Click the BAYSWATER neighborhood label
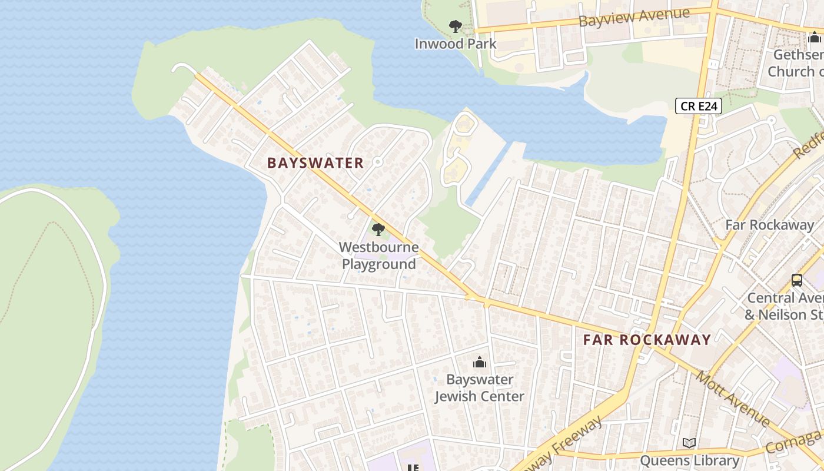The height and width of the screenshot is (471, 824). (x=315, y=163)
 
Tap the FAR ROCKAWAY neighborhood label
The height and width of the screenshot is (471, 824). (x=647, y=340)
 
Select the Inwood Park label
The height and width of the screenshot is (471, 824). (x=455, y=44)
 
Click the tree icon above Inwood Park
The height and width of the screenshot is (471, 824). (x=455, y=26)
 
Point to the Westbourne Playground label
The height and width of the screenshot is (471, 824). (x=378, y=256)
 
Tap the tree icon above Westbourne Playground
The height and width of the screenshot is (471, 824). (x=378, y=230)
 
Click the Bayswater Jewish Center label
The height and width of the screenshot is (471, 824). (x=479, y=388)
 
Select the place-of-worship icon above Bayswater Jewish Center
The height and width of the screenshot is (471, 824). (x=480, y=362)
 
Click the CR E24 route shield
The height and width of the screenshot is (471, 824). (x=698, y=106)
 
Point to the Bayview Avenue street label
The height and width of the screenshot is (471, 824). (x=633, y=17)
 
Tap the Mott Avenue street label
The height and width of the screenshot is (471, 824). (x=733, y=399)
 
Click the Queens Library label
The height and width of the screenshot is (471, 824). (x=689, y=460)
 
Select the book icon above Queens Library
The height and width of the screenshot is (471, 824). (x=689, y=443)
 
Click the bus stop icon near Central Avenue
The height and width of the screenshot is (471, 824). (x=797, y=280)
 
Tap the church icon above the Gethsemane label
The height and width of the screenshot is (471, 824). (x=815, y=38)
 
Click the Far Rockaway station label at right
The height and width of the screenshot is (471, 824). (x=769, y=224)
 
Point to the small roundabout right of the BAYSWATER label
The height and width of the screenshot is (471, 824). (x=378, y=161)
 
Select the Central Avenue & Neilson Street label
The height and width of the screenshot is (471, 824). (x=784, y=306)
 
